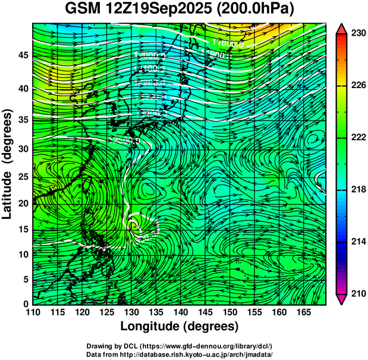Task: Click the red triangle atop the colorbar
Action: tap(342, 28)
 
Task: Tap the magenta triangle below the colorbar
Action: tap(342, 299)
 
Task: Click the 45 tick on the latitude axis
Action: tap(23, 55)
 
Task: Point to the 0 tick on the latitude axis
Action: tap(26, 304)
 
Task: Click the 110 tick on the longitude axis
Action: tap(33, 312)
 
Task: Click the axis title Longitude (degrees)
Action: tap(180, 326)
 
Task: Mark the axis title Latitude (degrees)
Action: tap(8, 164)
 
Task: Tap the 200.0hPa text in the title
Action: tap(250, 10)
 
